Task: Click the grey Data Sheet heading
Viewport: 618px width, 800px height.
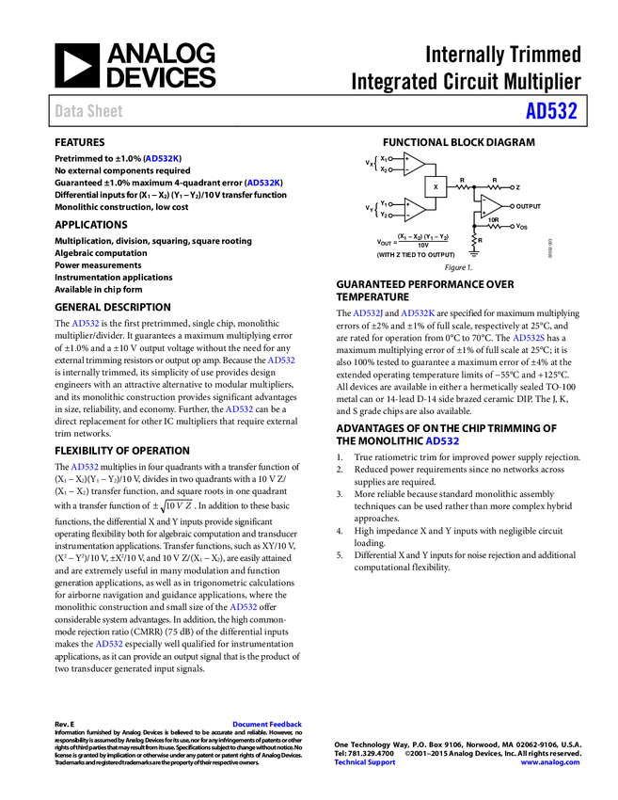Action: (89, 111)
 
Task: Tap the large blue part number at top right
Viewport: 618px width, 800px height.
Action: (550, 111)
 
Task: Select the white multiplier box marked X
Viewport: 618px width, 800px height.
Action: (436, 186)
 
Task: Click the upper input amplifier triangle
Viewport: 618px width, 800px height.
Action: (413, 164)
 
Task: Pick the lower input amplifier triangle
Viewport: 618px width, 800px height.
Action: (413, 210)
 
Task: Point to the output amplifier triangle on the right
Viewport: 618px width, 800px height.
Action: (490, 206)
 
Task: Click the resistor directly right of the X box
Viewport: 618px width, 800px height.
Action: (461, 188)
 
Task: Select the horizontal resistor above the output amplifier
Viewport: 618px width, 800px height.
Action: (494, 188)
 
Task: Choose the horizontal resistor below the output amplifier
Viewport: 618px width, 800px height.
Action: (494, 227)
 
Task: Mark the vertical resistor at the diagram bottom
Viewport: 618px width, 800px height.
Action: (474, 239)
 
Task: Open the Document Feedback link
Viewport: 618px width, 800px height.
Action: (268, 724)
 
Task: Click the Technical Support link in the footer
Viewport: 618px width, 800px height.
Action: (365, 762)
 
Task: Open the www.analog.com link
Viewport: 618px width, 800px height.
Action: (550, 762)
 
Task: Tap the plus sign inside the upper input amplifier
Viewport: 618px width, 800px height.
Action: (407, 158)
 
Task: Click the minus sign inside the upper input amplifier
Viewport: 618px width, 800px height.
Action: (407, 169)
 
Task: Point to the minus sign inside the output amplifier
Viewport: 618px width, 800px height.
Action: (484, 200)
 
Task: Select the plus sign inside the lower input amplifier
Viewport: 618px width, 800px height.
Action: (407, 204)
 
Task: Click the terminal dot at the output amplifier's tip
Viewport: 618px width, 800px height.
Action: (513, 206)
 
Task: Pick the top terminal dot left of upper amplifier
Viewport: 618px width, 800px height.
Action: (390, 158)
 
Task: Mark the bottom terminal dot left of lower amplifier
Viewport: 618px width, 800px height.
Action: (390, 216)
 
